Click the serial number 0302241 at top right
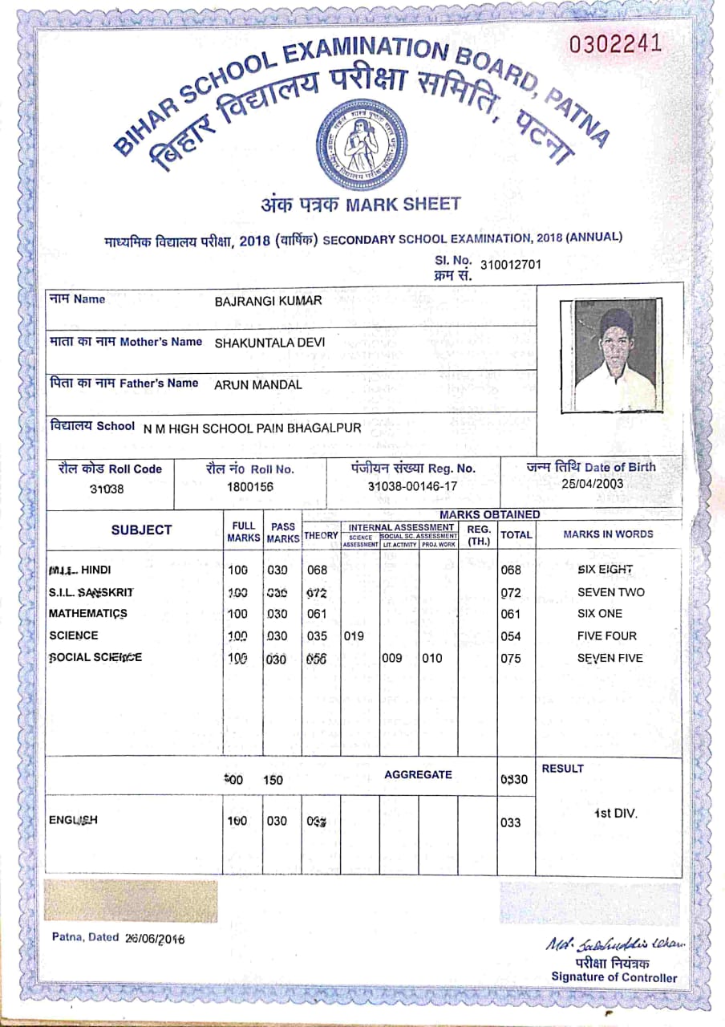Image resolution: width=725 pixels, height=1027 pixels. coord(616,44)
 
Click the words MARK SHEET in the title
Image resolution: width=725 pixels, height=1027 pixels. coord(403,204)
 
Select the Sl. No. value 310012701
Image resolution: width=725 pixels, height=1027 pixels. coord(511,264)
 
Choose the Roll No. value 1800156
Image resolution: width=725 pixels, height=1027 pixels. coord(250,486)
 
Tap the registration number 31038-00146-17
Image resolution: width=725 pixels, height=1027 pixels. coord(412,486)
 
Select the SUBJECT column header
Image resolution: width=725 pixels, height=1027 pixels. coord(141,530)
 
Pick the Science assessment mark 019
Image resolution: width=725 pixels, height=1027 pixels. coord(354,636)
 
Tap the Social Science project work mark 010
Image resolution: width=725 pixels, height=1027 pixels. coord(434,659)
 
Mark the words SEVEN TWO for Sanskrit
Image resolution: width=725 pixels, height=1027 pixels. coord(610,592)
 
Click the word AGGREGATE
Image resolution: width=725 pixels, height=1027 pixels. coord(418,775)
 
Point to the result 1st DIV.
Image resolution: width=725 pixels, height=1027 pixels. coord(615,814)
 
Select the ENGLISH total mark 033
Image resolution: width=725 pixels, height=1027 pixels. coord(510,822)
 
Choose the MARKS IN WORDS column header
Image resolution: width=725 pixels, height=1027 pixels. coord(608,534)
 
